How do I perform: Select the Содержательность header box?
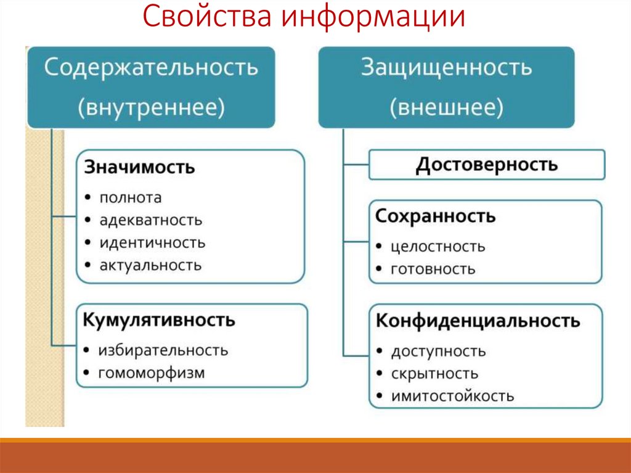click(x=151, y=87)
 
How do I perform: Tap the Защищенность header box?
click(x=446, y=87)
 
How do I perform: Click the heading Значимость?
click(x=139, y=167)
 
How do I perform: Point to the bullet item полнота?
click(x=131, y=197)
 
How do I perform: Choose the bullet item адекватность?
click(x=151, y=220)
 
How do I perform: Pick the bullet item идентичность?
click(x=152, y=242)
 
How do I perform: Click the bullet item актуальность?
click(x=150, y=265)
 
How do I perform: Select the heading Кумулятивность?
click(x=160, y=320)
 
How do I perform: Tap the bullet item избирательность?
click(x=163, y=350)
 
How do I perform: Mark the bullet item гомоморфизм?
click(x=152, y=372)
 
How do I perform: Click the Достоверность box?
click(x=487, y=165)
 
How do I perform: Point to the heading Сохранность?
click(x=436, y=216)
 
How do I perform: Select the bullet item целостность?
click(x=438, y=247)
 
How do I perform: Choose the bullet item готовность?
click(x=433, y=269)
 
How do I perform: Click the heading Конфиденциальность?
click(x=478, y=321)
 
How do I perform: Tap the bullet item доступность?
click(x=438, y=352)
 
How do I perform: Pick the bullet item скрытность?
click(x=434, y=374)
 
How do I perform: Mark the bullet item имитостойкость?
click(x=452, y=396)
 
